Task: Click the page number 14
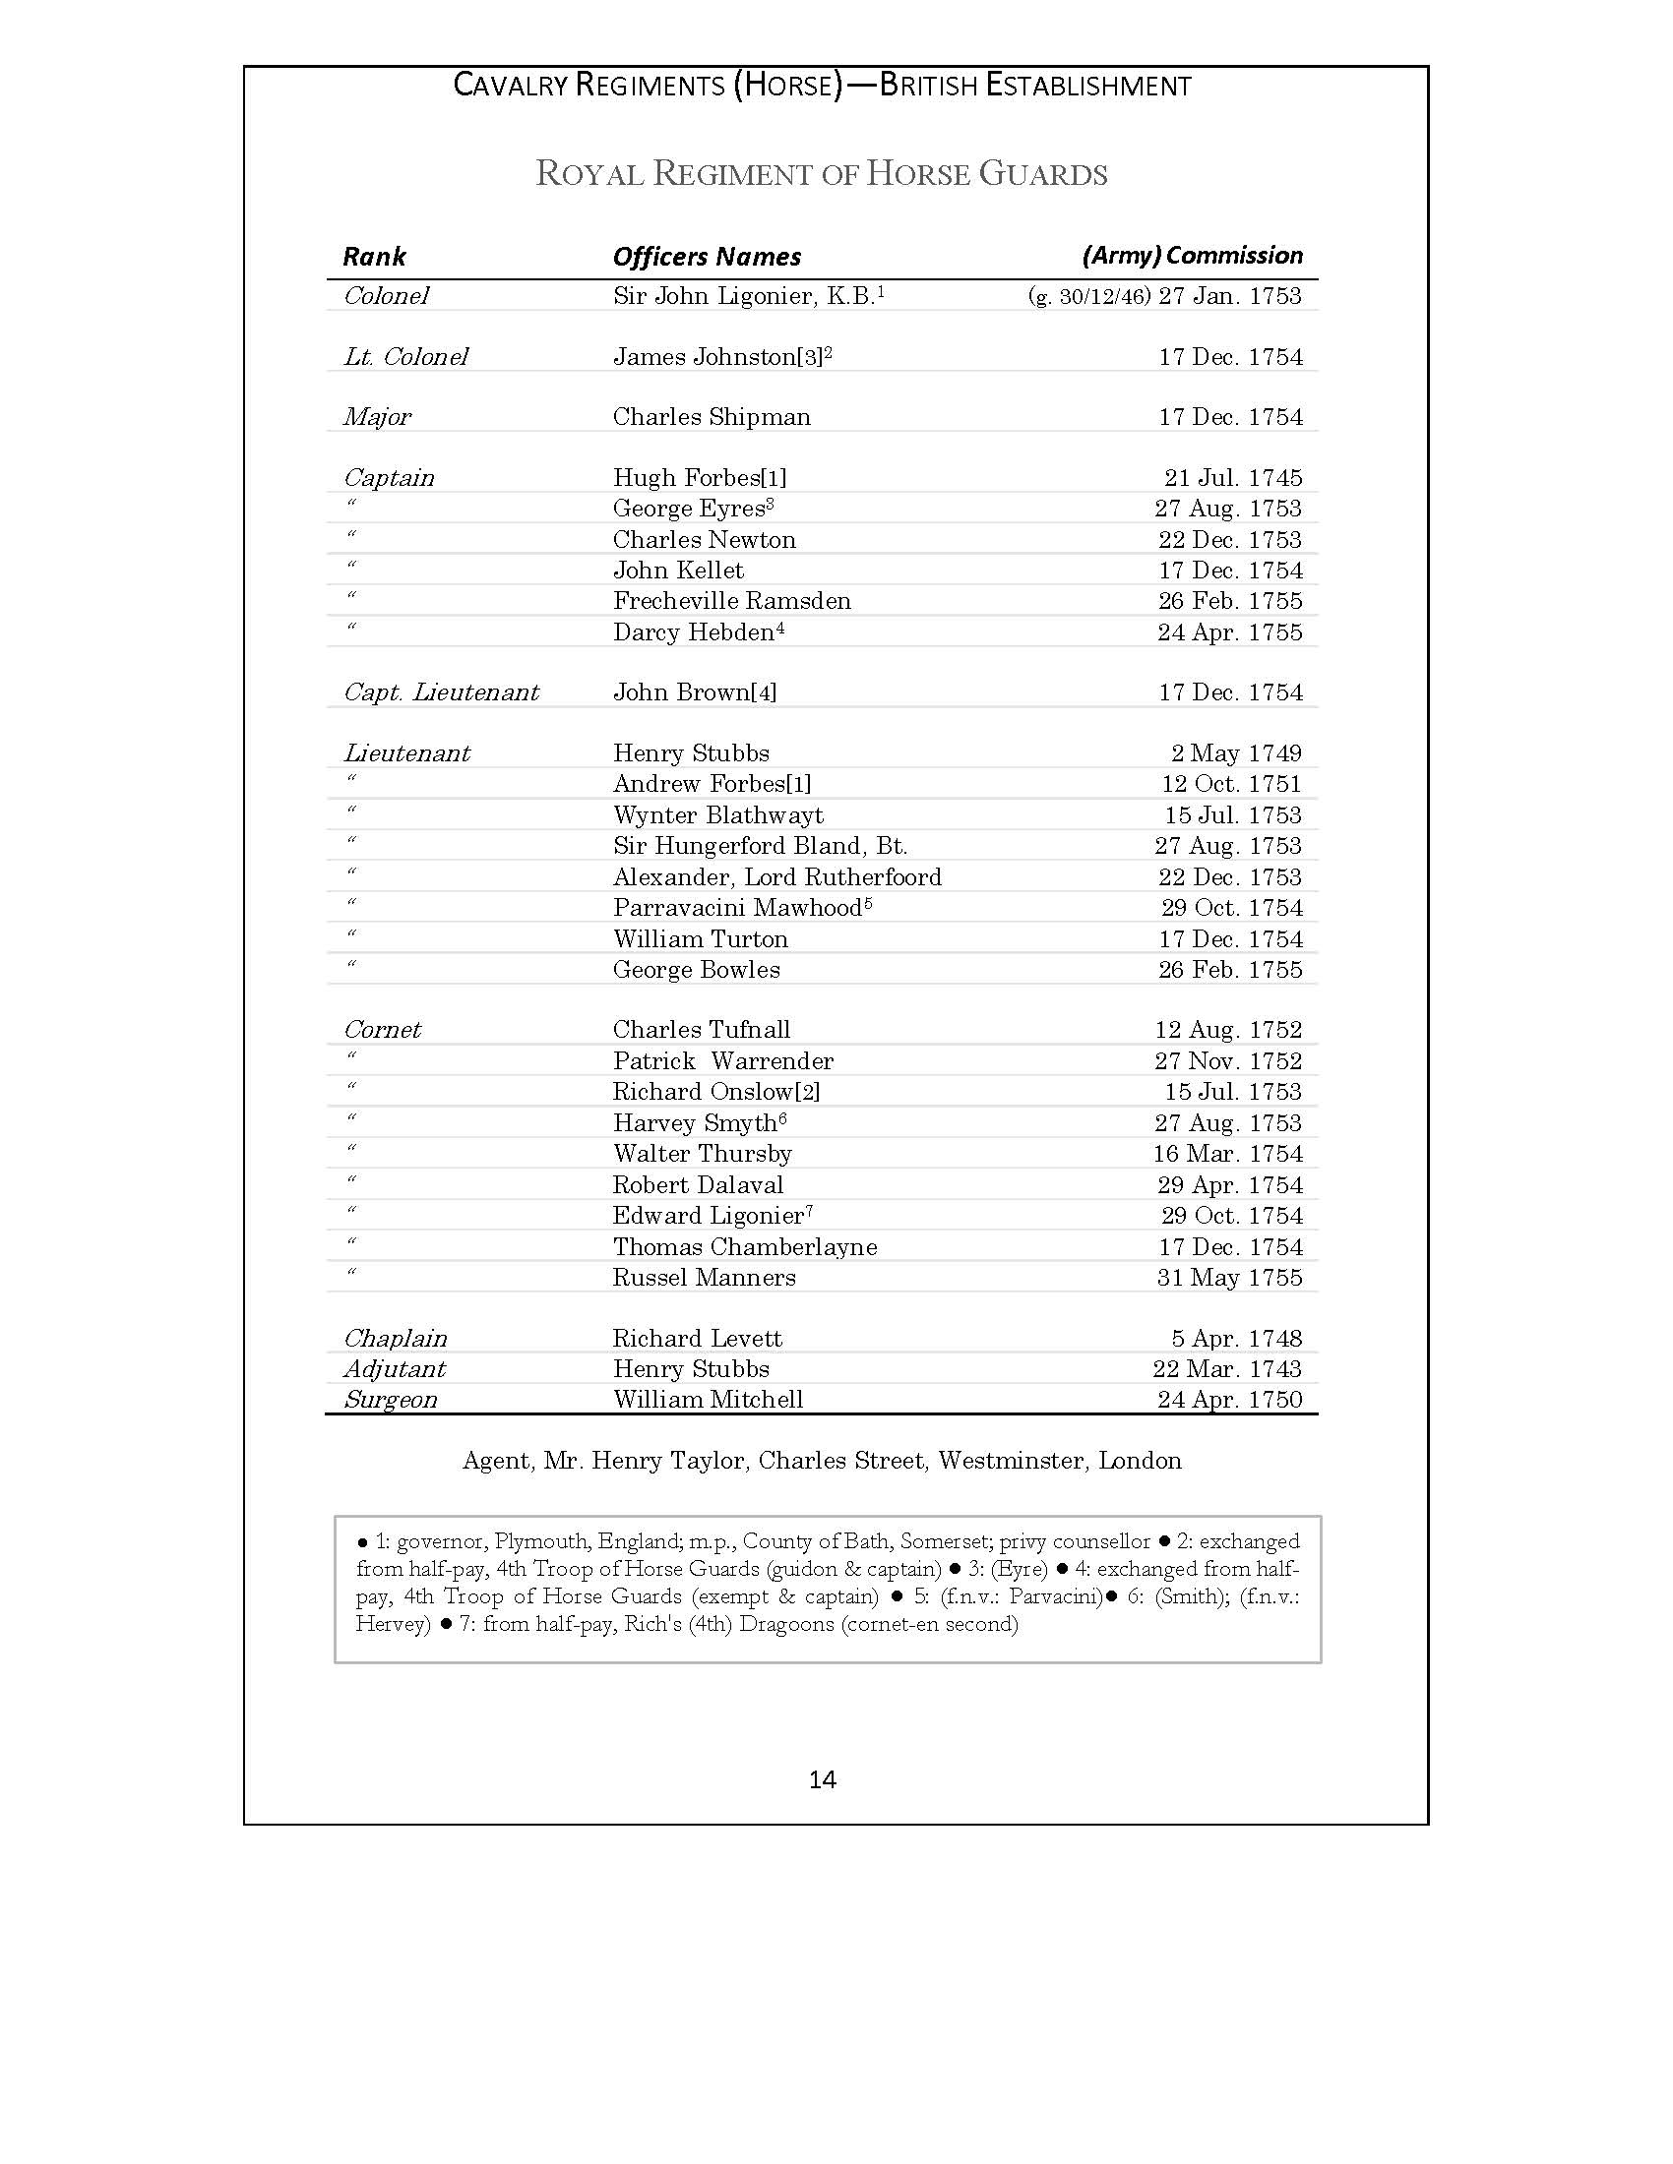pyautogui.click(x=822, y=1779)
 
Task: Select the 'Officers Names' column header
pyautogui.click(x=707, y=257)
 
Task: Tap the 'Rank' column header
pyautogui.click(x=374, y=257)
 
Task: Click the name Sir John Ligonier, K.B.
pyautogui.click(x=743, y=296)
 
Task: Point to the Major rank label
pyautogui.click(x=377, y=417)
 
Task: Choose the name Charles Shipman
pyautogui.click(x=712, y=417)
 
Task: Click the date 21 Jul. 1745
pyautogui.click(x=1233, y=478)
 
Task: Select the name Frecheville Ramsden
pyautogui.click(x=731, y=601)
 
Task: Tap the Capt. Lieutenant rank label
pyautogui.click(x=441, y=692)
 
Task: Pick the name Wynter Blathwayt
pyautogui.click(x=717, y=815)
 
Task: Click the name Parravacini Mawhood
pyautogui.click(x=737, y=908)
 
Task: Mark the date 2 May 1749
pyautogui.click(x=1236, y=753)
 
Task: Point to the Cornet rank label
pyautogui.click(x=382, y=1031)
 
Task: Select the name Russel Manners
pyautogui.click(x=704, y=1278)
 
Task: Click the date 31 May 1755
pyautogui.click(x=1229, y=1278)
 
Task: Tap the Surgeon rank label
pyautogui.click(x=390, y=1400)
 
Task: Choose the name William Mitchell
pyautogui.click(x=708, y=1400)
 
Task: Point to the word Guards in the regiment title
pyautogui.click(x=1042, y=174)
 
